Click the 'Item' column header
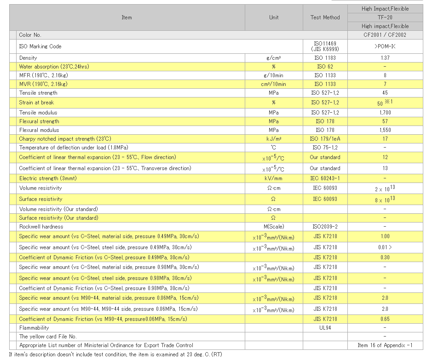(x=127, y=17)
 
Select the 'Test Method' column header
(x=325, y=17)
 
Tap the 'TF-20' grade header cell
(x=385, y=17)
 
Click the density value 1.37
(x=385, y=58)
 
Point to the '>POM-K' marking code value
(x=385, y=46)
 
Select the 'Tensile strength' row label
(x=38, y=93)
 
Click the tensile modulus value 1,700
(x=385, y=113)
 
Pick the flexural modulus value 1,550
(x=385, y=130)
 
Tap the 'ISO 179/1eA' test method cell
(x=325, y=139)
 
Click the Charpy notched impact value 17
(x=385, y=139)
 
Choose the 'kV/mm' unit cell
(x=274, y=178)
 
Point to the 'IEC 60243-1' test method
(x=325, y=178)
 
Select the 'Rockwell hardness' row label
(x=41, y=227)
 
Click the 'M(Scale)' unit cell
(x=274, y=227)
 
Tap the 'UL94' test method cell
(x=325, y=328)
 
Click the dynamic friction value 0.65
(x=385, y=319)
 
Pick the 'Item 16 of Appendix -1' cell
(x=385, y=345)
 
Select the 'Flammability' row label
(x=34, y=328)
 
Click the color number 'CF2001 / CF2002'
(x=385, y=35)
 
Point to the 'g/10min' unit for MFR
(x=274, y=75)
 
